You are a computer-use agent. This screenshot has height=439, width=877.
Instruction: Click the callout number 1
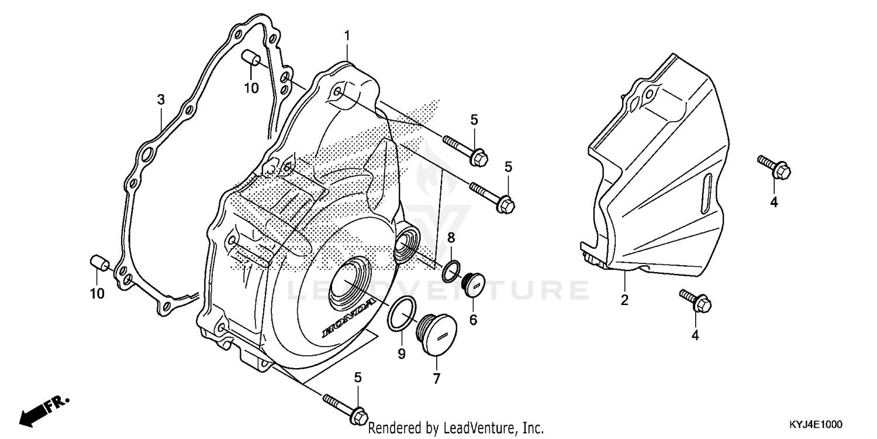click(x=347, y=36)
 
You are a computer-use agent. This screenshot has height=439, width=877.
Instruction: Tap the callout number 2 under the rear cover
click(x=624, y=301)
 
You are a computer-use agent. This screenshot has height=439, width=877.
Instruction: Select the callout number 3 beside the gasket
click(x=161, y=100)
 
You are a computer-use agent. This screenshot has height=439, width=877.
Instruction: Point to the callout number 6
click(x=473, y=320)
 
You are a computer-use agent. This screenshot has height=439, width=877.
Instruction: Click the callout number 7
click(x=436, y=379)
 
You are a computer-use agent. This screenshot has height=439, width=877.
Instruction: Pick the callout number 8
click(x=451, y=238)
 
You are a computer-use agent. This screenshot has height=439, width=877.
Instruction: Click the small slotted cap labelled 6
click(x=471, y=286)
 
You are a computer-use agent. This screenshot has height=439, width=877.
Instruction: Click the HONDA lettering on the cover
click(x=348, y=318)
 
